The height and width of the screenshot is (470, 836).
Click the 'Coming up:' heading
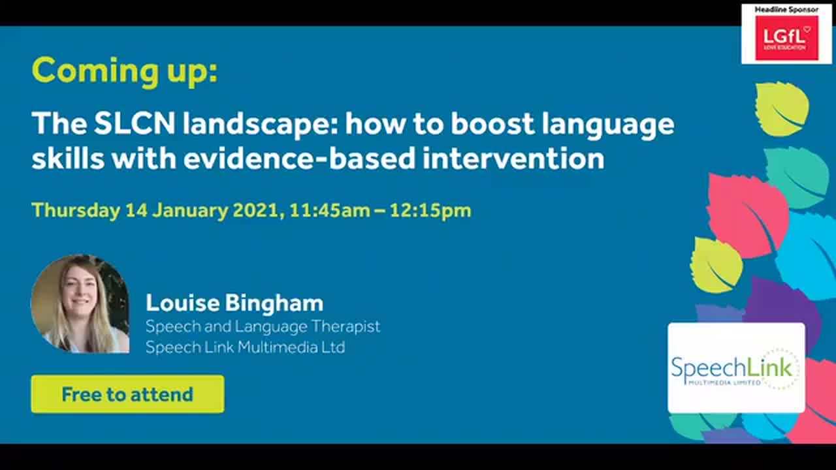pos(124,70)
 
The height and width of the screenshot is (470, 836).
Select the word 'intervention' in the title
pos(513,159)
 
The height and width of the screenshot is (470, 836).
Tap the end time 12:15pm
pos(430,210)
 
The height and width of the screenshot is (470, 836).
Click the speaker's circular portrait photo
pos(80,304)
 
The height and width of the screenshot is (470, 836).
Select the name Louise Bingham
pos(234,303)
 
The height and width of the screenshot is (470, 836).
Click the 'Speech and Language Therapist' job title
pos(263,326)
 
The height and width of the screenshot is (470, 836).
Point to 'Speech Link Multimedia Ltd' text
pos(245,347)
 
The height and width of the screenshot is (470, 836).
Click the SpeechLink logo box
pos(736,368)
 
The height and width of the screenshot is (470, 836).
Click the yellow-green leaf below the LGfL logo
pos(781,108)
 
